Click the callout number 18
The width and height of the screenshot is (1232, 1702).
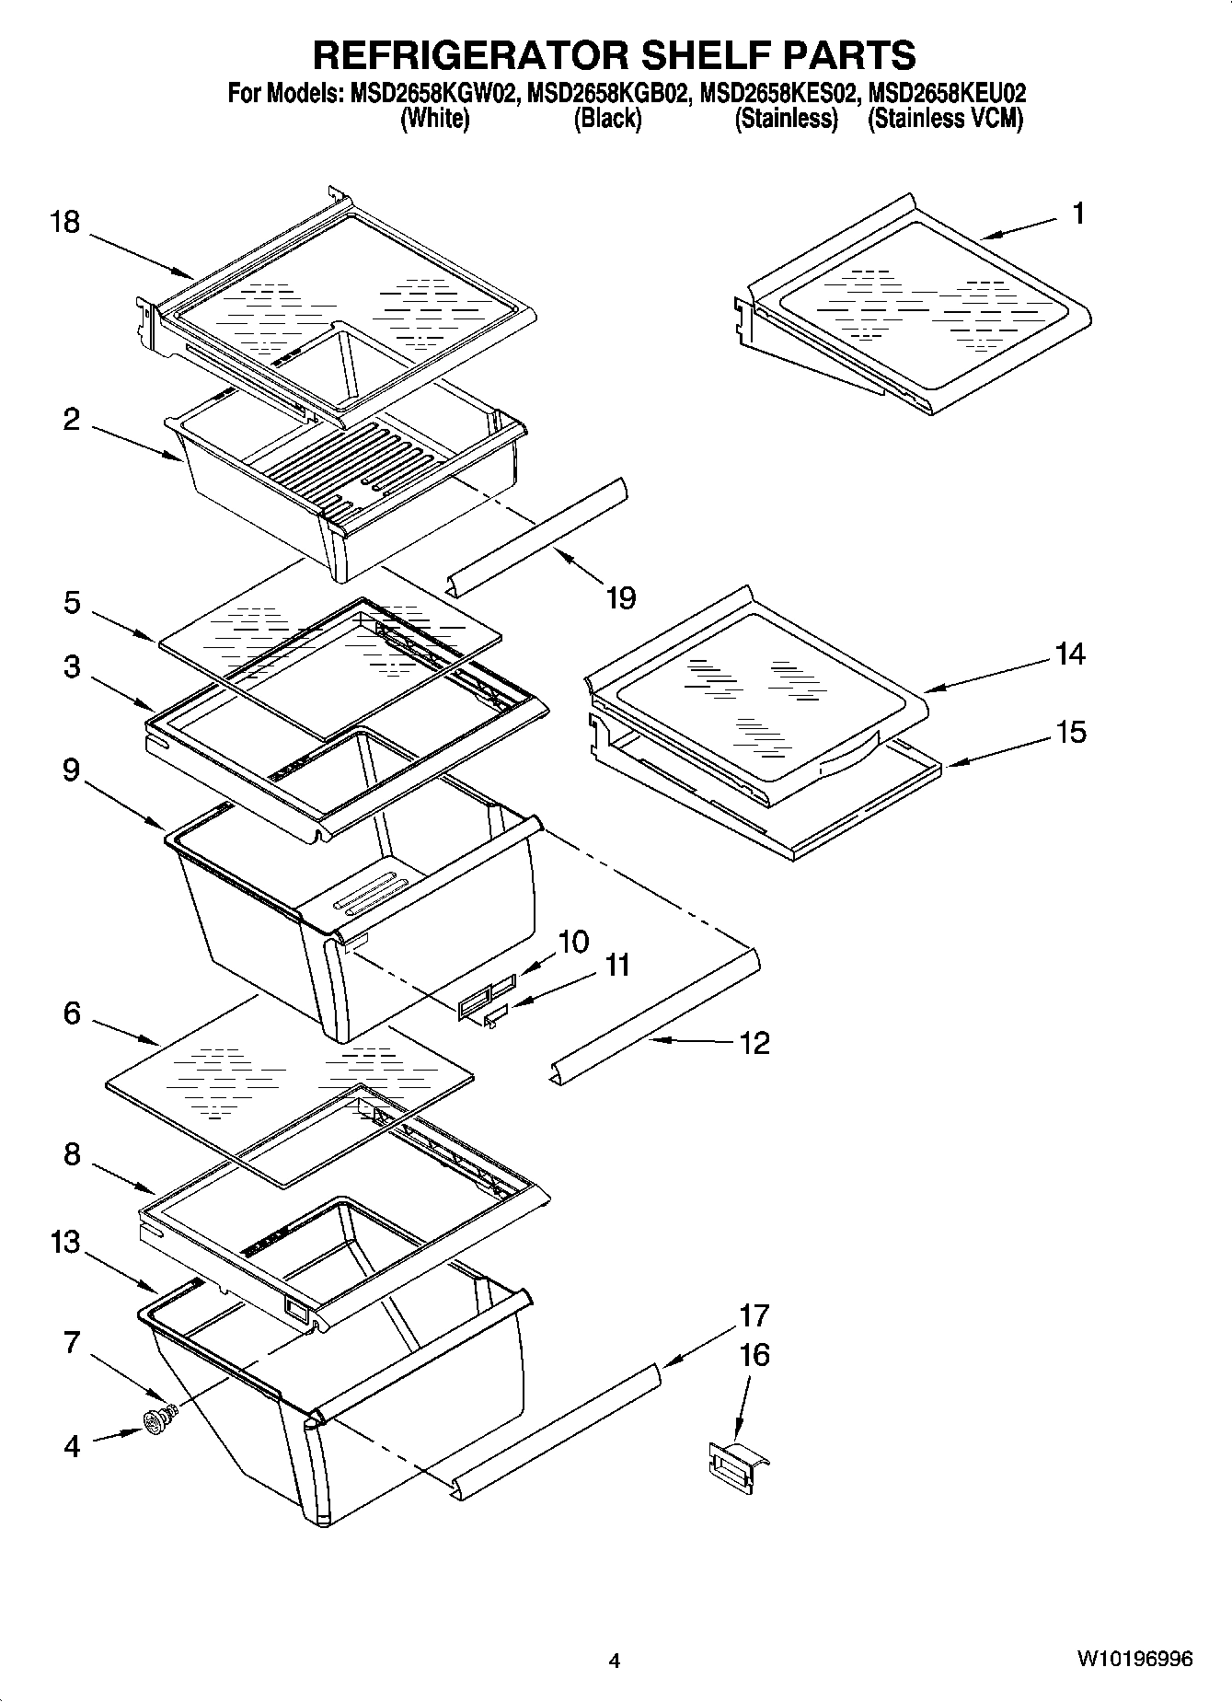[x=65, y=223]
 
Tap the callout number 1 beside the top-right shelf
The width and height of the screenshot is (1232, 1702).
[x=1078, y=214]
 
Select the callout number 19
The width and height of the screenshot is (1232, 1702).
[x=621, y=598]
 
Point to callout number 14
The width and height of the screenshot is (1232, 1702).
[x=1070, y=654]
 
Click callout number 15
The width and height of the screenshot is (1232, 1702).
[x=1070, y=733]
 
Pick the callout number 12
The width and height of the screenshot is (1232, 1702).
[x=754, y=1043]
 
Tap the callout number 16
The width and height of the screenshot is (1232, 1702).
[x=754, y=1355]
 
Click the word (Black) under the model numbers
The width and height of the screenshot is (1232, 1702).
[x=607, y=119]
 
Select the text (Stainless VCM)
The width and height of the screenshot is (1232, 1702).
[x=945, y=119]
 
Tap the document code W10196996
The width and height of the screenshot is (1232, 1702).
[x=1135, y=1660]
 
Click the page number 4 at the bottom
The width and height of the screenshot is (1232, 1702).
[x=615, y=1661]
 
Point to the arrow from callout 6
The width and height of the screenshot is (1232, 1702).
[x=124, y=1030]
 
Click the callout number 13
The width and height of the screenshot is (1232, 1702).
[x=65, y=1243]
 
